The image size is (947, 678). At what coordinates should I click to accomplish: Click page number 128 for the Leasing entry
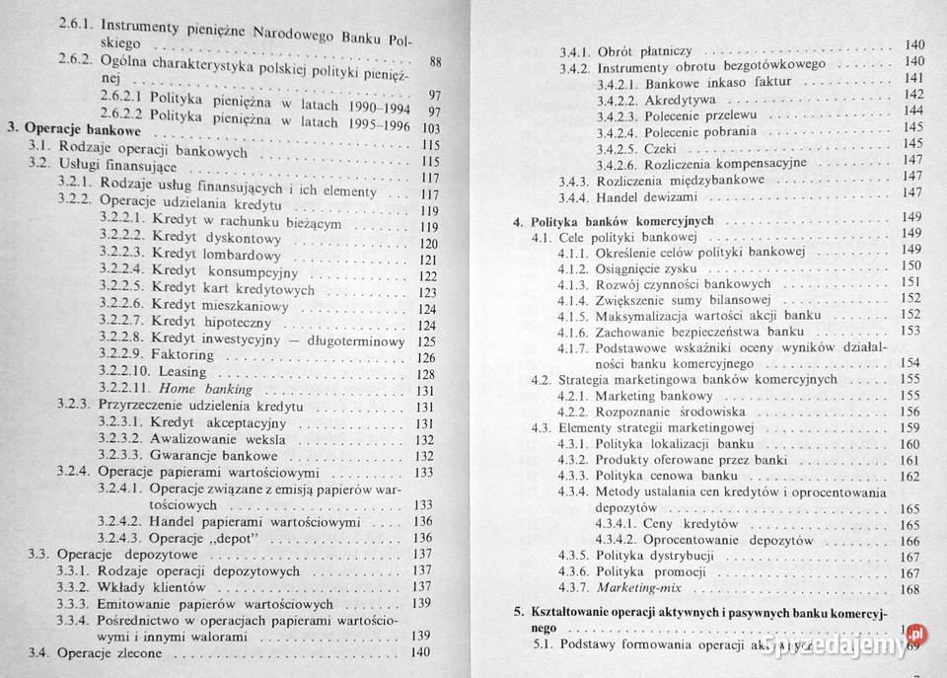425,374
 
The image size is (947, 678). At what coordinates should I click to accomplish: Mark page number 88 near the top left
435,64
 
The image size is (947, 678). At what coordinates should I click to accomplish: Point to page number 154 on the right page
910,363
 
